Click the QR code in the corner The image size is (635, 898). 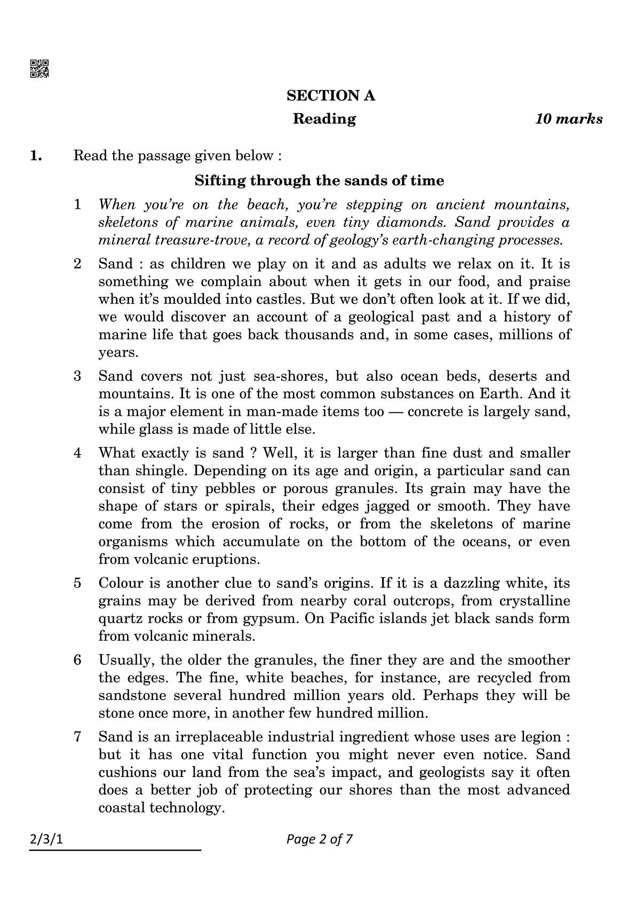click(x=39, y=68)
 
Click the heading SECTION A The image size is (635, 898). click(x=331, y=96)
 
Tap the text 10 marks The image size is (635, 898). click(x=569, y=119)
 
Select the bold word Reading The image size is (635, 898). click(x=324, y=119)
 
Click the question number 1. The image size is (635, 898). click(x=36, y=156)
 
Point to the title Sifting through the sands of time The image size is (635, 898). click(x=319, y=180)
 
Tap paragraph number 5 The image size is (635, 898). click(x=77, y=583)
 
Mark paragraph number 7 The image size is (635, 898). click(x=77, y=737)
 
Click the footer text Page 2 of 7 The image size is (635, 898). click(x=320, y=839)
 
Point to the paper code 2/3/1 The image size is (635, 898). click(x=46, y=839)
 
